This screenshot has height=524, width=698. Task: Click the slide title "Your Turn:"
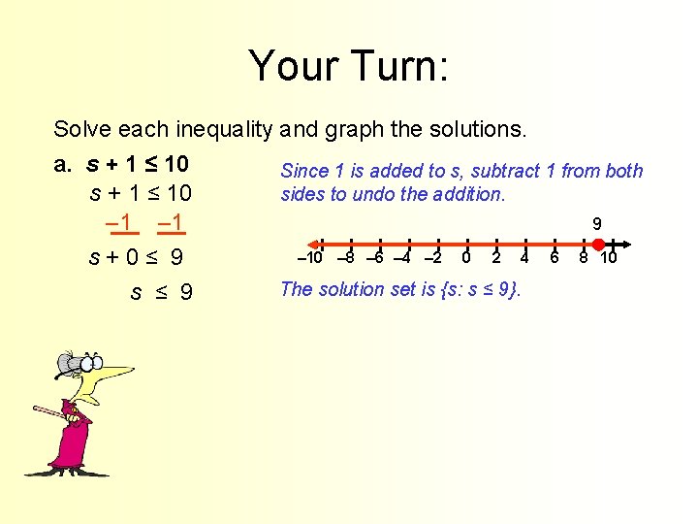click(348, 66)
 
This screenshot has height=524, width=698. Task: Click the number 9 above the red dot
click(610, 224)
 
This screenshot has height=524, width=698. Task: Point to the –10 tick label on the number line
click(309, 258)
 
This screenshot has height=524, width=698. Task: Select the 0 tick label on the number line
click(466, 258)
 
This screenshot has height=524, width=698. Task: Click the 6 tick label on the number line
click(555, 258)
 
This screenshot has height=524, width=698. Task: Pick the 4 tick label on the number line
click(524, 258)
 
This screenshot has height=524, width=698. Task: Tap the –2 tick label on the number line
click(433, 258)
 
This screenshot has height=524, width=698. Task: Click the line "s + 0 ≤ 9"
click(136, 258)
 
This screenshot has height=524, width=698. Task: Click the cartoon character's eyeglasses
click(83, 365)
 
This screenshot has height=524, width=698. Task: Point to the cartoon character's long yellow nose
click(116, 373)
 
